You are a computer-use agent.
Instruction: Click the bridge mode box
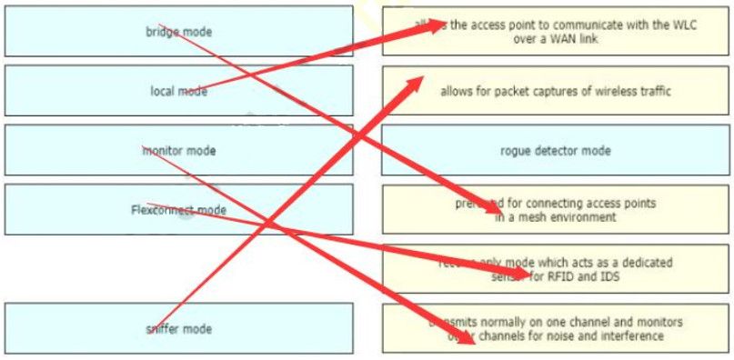(178, 32)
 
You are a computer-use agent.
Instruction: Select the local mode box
(178, 90)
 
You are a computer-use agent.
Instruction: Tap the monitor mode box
(178, 150)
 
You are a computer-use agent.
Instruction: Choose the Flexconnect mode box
(178, 210)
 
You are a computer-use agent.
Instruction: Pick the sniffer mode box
(178, 328)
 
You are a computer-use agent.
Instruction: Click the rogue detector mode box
(556, 150)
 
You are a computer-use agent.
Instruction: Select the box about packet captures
(556, 91)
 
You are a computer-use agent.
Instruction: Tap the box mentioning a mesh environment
(556, 210)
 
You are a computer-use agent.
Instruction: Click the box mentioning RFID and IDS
(556, 269)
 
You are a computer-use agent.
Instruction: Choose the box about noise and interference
(556, 328)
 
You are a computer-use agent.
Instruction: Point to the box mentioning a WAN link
(556, 32)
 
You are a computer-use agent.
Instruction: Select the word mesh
(538, 217)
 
